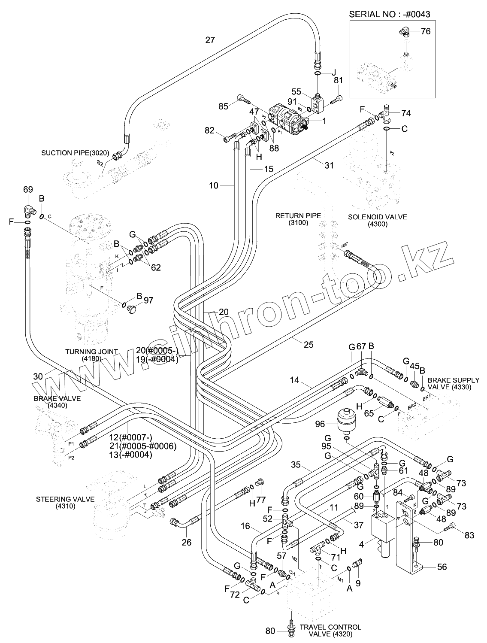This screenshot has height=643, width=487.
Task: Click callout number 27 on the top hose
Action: [210, 40]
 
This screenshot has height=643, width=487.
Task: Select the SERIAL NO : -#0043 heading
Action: [390, 14]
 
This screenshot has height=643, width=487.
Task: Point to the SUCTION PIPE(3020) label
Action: [76, 153]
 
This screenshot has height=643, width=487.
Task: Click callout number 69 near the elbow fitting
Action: [28, 189]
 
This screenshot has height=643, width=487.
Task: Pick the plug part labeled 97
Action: [133, 309]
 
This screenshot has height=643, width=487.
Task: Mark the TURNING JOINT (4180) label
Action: [91, 355]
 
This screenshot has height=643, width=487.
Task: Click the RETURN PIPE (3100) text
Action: [298, 219]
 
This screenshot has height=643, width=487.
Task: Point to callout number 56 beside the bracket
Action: [442, 567]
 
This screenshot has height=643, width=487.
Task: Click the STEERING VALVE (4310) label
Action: [65, 503]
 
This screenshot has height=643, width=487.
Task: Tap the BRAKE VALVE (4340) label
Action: [57, 402]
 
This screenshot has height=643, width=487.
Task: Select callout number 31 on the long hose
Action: [329, 165]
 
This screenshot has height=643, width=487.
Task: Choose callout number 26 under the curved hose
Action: [186, 542]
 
